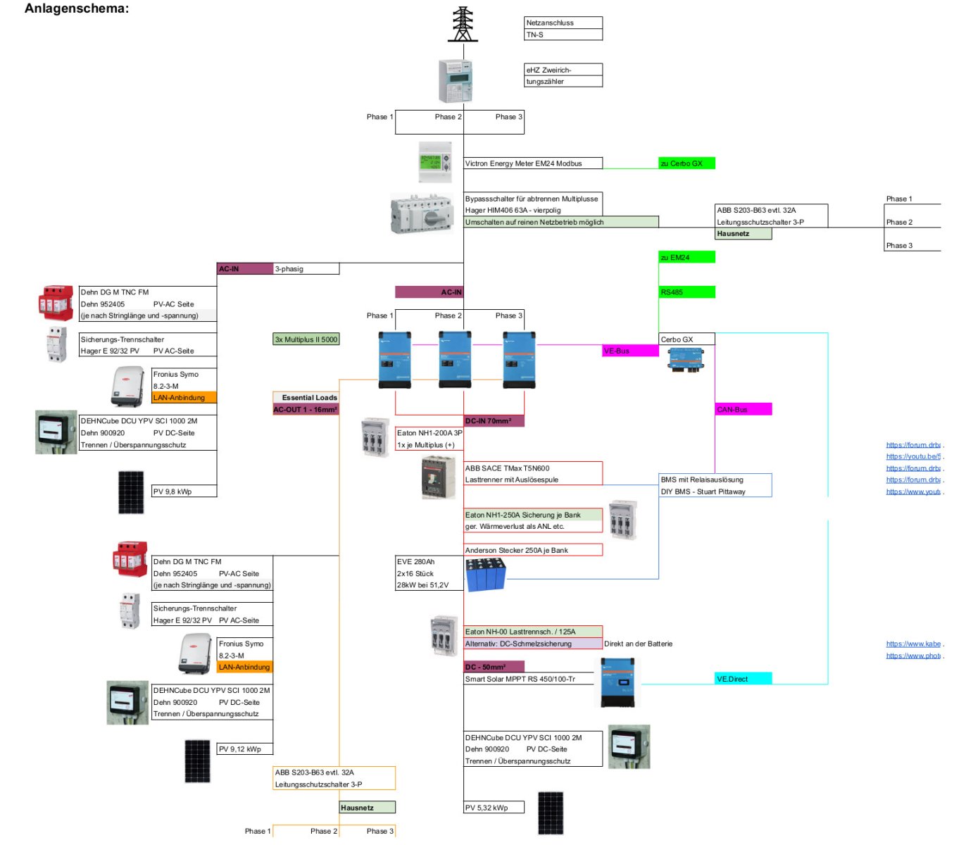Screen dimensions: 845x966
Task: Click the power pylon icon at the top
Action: (x=463, y=25)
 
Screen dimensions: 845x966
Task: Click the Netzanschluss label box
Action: (x=563, y=23)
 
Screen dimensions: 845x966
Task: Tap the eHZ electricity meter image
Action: (x=455, y=81)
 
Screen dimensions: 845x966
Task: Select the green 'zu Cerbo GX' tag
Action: (x=686, y=163)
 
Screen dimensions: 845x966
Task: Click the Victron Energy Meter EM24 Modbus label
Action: (x=533, y=163)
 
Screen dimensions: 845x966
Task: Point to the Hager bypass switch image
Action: (x=422, y=213)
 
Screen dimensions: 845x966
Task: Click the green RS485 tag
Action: (x=686, y=292)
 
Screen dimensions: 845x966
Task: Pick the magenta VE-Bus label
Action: (x=630, y=351)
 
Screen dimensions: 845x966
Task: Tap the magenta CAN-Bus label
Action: (x=743, y=409)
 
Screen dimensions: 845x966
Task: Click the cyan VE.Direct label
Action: (x=743, y=679)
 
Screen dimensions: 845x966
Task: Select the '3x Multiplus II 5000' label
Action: (x=306, y=339)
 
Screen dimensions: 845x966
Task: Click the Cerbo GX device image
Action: (x=685, y=360)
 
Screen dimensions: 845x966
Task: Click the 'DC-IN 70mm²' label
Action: (x=494, y=421)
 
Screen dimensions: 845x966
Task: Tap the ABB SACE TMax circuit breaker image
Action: (x=438, y=477)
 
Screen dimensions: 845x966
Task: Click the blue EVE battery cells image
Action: (x=485, y=573)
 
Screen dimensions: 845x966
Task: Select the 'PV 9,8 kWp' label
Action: (x=184, y=492)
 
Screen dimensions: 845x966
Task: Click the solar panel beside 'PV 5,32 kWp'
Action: (x=551, y=813)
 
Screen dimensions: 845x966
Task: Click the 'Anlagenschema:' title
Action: (x=77, y=9)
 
